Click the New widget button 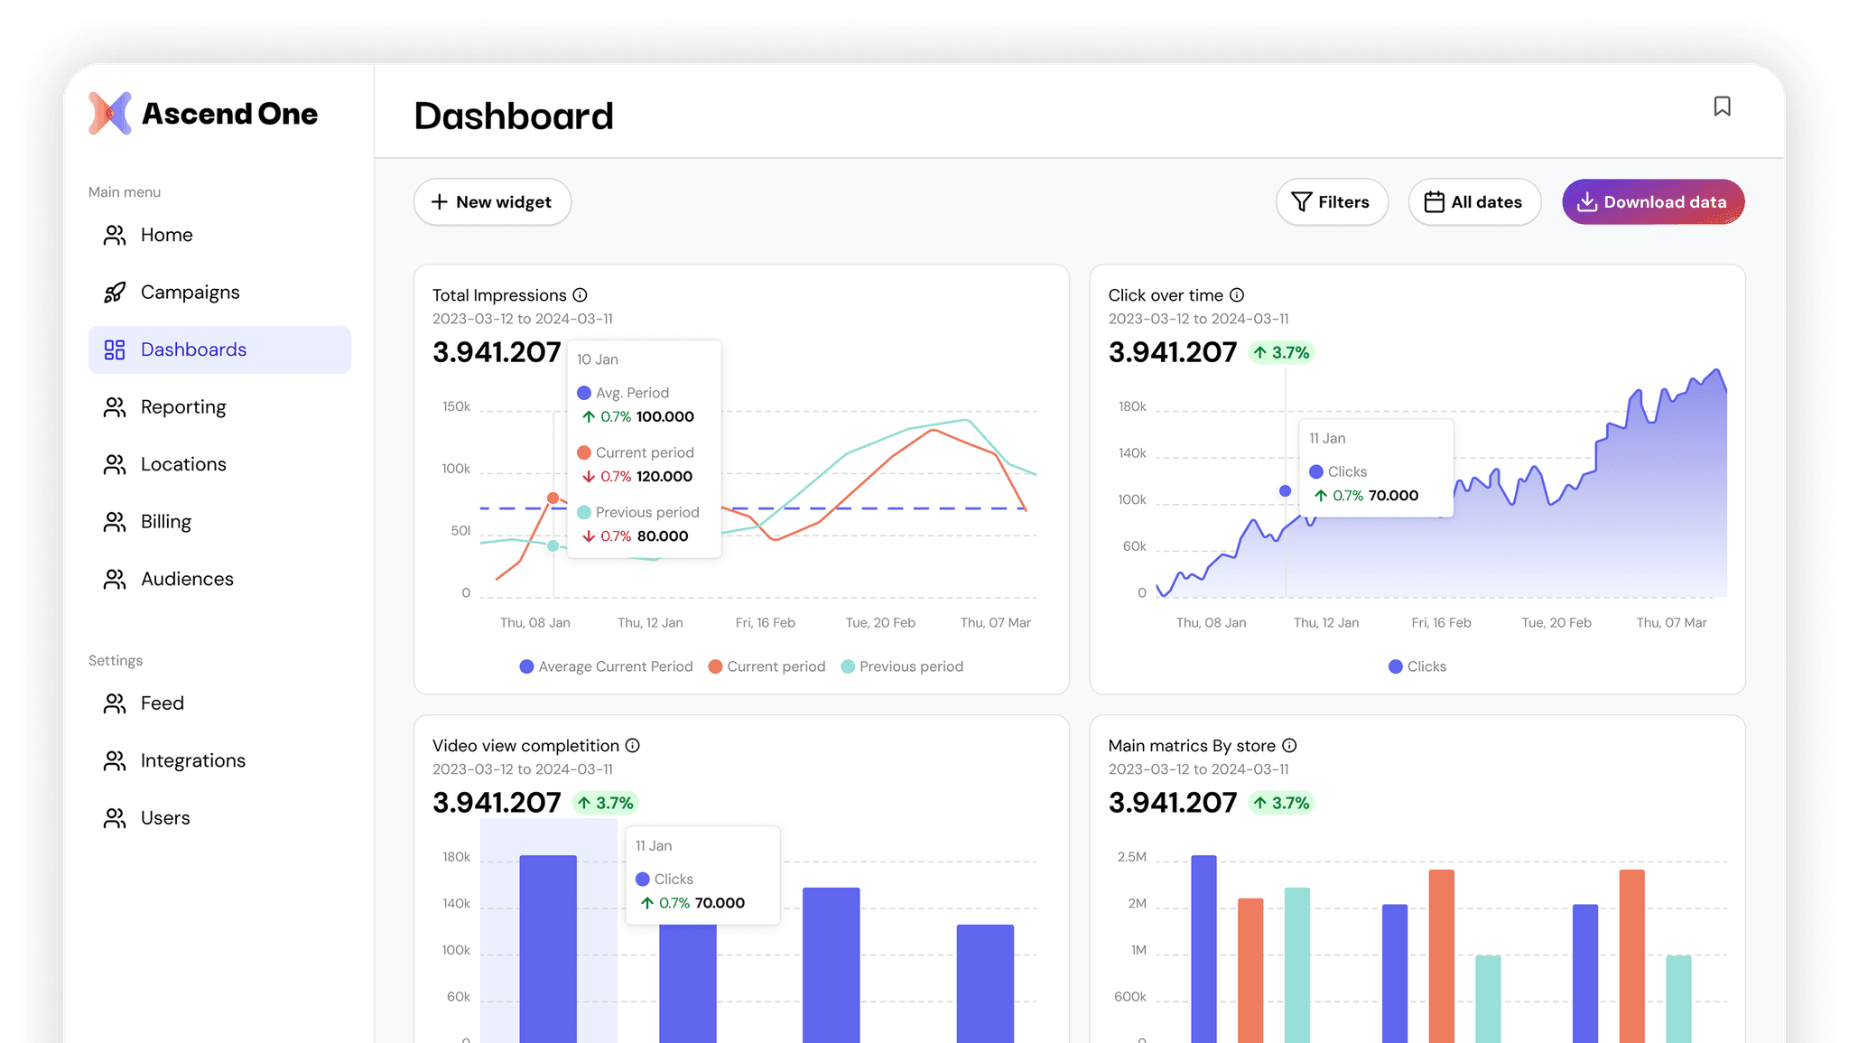pos(492,201)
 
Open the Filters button pos(1332,201)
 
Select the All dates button pos(1474,201)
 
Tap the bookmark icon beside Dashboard pos(1722,107)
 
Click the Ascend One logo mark pos(110,114)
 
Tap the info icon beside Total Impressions pos(580,295)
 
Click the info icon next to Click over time pos(1237,295)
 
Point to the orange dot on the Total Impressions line pos(553,498)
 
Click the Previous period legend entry pos(902,666)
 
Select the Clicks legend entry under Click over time pos(1417,666)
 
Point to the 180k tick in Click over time pos(1132,406)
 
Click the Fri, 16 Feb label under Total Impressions pos(766,623)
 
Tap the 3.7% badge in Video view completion pos(605,803)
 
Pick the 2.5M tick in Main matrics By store pos(1132,857)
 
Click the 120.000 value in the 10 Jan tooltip pos(664,477)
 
